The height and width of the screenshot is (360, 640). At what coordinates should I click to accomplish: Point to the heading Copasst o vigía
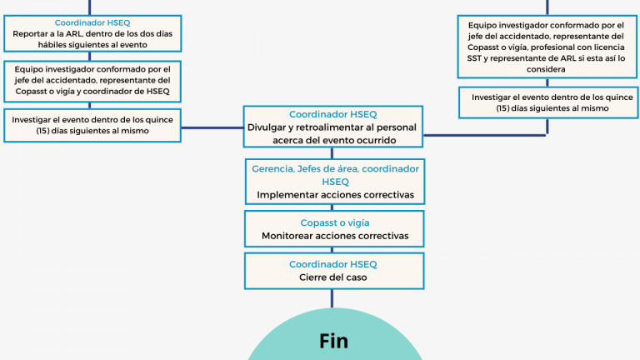pyautogui.click(x=334, y=222)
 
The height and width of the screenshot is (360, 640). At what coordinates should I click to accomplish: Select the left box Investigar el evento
pyautogui.click(x=92, y=125)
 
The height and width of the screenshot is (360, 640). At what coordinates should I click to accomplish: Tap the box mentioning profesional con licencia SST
pyautogui.click(x=547, y=48)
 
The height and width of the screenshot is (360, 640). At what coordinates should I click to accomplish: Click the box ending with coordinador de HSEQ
pyautogui.click(x=92, y=81)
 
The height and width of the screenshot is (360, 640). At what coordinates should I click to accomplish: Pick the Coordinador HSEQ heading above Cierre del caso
pyautogui.click(x=332, y=264)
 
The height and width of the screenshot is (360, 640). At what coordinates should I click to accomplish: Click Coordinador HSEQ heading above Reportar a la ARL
pyautogui.click(x=92, y=23)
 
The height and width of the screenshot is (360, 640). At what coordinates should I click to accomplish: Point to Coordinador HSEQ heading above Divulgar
pyautogui.click(x=332, y=114)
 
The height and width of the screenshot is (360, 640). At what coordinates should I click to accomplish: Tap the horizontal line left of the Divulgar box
pyautogui.click(x=212, y=127)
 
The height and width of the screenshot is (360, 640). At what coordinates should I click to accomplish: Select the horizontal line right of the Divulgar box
pyautogui.click(x=483, y=133)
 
